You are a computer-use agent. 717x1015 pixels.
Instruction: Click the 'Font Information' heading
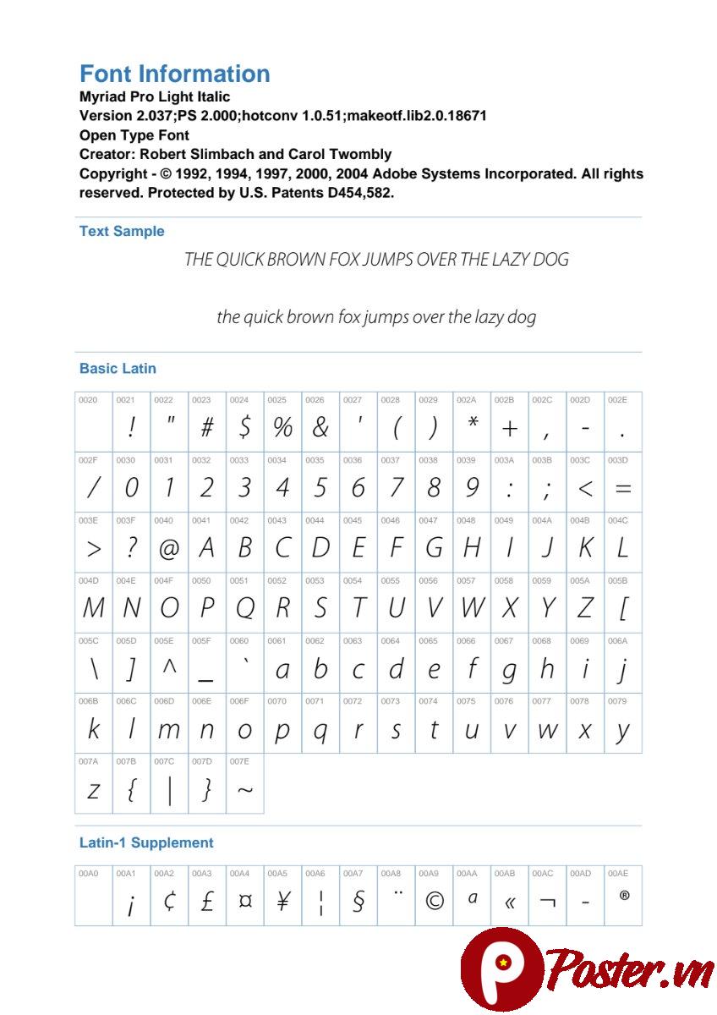174,74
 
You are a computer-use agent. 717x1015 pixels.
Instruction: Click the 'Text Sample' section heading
122,231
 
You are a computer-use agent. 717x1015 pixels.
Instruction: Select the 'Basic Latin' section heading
118,369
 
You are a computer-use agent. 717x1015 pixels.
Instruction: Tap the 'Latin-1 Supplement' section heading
146,842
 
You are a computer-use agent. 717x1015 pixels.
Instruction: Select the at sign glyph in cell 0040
169,550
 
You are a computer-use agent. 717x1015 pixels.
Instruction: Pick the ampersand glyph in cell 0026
320,429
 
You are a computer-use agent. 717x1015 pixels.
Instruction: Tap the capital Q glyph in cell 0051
244,609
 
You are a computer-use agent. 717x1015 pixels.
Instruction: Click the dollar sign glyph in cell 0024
244,429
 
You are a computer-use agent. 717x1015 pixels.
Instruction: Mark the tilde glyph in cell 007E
244,791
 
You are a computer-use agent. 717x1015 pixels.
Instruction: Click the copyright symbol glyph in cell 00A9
434,902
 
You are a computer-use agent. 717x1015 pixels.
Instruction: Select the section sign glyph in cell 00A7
358,903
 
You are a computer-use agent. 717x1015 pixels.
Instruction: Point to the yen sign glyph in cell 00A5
282,902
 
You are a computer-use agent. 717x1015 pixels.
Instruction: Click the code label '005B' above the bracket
617,581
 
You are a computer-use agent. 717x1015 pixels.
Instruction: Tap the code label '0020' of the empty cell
88,399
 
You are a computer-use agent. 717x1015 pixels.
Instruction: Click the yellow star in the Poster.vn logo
503,962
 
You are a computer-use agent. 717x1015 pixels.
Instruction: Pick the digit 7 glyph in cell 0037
396,488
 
